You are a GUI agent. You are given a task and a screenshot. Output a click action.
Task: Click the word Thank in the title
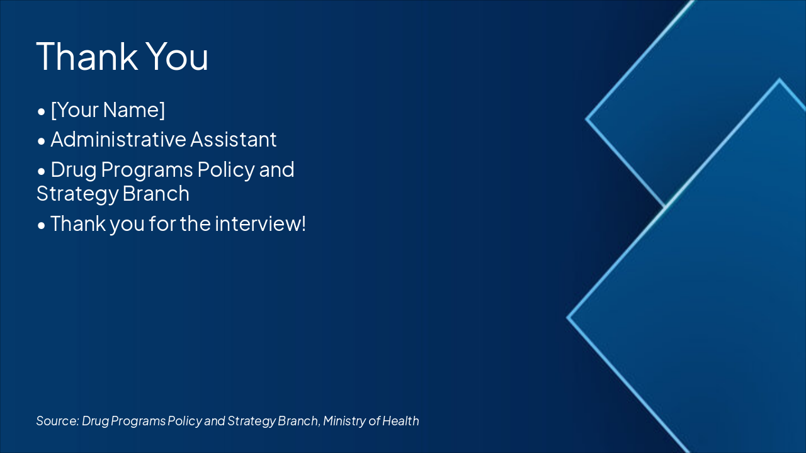point(87,55)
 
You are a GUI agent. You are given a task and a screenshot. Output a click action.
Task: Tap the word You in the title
point(178,55)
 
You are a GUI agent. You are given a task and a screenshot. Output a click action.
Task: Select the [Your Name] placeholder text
point(108,110)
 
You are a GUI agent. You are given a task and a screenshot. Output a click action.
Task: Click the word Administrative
point(118,139)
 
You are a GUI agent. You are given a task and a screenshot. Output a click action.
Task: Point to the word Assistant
point(234,139)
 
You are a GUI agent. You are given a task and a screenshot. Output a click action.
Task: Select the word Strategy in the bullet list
point(77,194)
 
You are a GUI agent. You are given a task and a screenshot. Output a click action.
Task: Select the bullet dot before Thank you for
point(41,225)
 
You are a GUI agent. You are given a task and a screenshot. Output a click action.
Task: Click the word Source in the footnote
point(57,421)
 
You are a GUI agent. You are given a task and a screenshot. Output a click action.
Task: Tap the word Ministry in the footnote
point(343,421)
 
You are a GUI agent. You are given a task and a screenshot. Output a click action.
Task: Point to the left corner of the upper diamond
point(587,118)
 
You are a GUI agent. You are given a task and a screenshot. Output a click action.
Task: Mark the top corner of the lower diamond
point(780,80)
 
